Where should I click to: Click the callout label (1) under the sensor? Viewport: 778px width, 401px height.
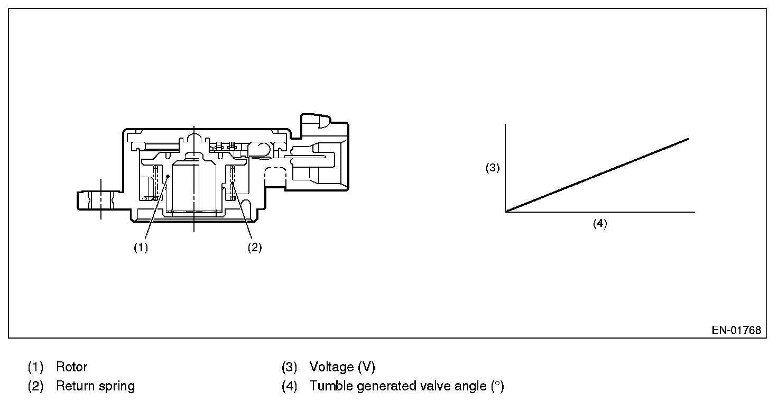pyautogui.click(x=141, y=248)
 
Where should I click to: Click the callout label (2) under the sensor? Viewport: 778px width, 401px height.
pyautogui.click(x=255, y=248)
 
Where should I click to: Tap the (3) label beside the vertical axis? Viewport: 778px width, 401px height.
pyautogui.click(x=493, y=168)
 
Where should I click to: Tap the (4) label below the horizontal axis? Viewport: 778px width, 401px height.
pyautogui.click(x=600, y=223)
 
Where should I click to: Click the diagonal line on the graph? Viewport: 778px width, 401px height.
pyautogui.click(x=597, y=175)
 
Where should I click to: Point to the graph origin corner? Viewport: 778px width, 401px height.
pyautogui.click(x=506, y=212)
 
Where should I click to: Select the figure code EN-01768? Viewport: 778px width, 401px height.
pyautogui.click(x=736, y=330)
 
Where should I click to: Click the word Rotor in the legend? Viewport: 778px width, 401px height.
pyautogui.click(x=72, y=367)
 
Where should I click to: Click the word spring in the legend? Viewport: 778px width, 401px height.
pyautogui.click(x=116, y=386)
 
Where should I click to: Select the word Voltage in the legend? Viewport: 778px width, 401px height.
pyautogui.click(x=331, y=367)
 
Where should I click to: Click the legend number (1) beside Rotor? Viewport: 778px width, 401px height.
pyautogui.click(x=35, y=367)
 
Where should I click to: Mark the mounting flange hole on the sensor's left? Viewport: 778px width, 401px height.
pyautogui.click(x=100, y=199)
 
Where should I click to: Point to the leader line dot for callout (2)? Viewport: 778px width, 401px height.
pyautogui.click(x=232, y=183)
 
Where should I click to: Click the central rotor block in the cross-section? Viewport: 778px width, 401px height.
pyautogui.click(x=195, y=185)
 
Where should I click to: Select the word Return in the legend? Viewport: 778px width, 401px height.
pyautogui.click(x=75, y=386)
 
